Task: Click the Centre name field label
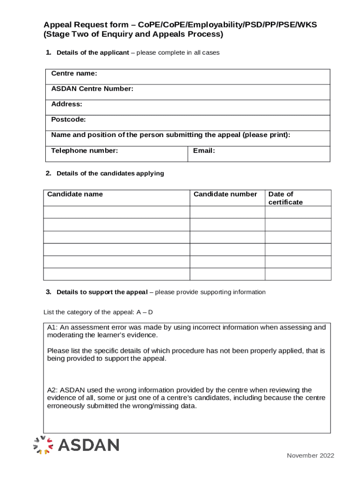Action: click(74, 74)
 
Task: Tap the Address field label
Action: click(66, 104)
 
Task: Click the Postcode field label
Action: click(68, 120)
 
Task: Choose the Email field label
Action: click(203, 151)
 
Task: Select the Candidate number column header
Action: click(225, 194)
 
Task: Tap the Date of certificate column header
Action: click(285, 198)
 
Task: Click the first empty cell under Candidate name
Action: click(116, 212)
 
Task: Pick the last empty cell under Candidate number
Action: click(227, 274)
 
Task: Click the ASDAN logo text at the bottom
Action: click(88, 445)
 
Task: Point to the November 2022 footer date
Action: click(310, 456)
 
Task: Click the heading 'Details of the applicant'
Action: click(93, 53)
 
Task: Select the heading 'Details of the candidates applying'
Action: click(110, 174)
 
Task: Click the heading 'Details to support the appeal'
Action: click(102, 292)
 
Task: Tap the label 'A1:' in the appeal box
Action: click(52, 327)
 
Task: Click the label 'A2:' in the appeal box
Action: click(52, 390)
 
